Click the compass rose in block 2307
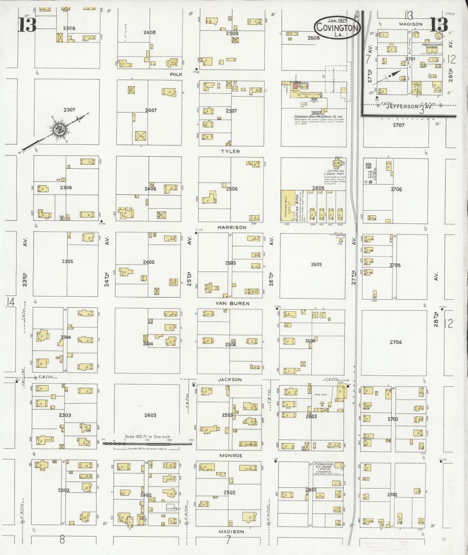60,130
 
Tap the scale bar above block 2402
147,443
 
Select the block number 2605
316,265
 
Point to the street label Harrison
232,227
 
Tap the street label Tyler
230,151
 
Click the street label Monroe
231,455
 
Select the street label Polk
176,74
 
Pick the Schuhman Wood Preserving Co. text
318,117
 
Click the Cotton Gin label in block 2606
336,171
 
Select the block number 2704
395,342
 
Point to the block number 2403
150,415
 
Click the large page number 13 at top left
27,25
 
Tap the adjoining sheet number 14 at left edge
10,302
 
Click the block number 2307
69,110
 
